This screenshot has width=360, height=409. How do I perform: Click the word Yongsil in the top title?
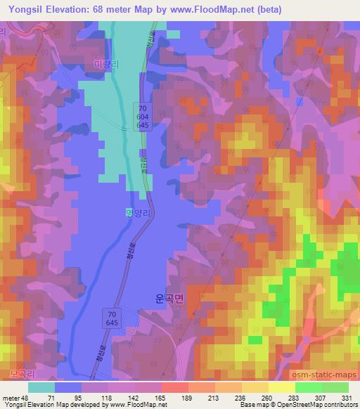tap(29, 8)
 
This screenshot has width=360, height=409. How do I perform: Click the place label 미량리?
tap(107, 64)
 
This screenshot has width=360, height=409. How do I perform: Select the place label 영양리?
tap(138, 217)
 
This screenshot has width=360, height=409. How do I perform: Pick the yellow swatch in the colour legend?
tap(281, 388)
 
